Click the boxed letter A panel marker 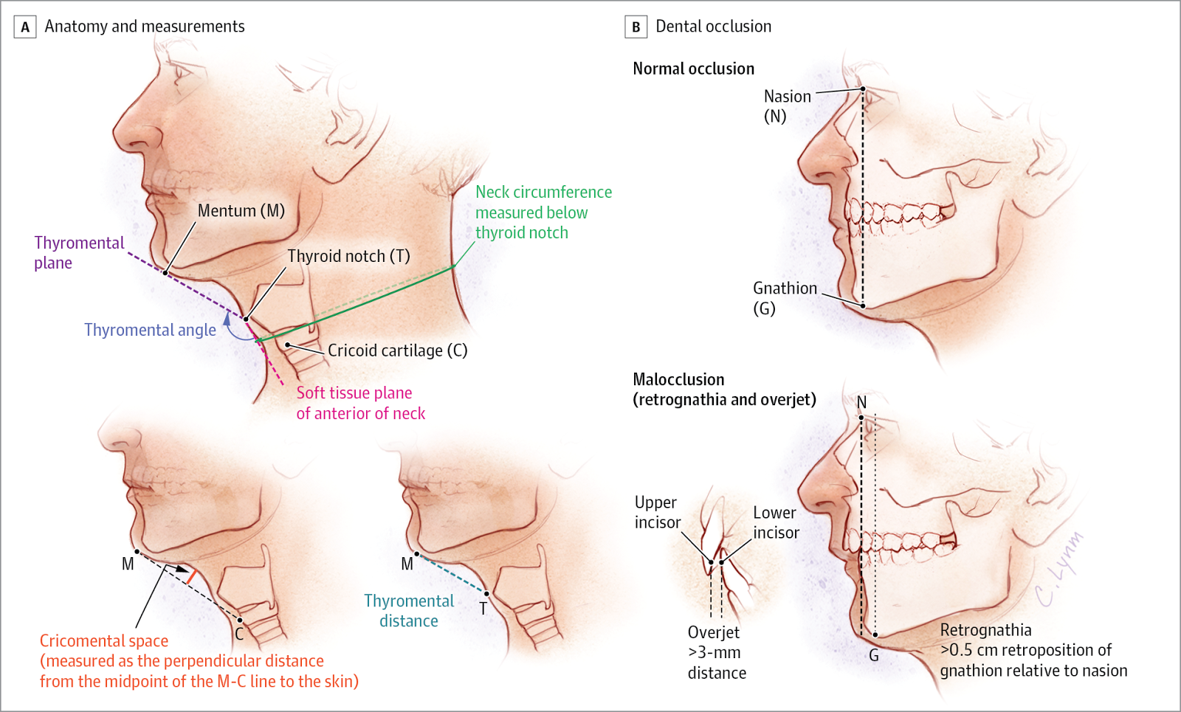(x=25, y=27)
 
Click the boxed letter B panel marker (x=636, y=27)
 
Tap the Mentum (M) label (x=241, y=211)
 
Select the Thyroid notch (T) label (x=348, y=256)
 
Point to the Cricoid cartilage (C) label (x=397, y=350)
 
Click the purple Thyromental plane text (x=79, y=252)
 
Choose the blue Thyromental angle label (x=150, y=330)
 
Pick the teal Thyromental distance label (x=409, y=611)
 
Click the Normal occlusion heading (x=693, y=69)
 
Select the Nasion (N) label (x=787, y=106)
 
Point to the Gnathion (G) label (x=785, y=297)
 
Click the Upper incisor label (x=657, y=512)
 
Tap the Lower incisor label (x=775, y=522)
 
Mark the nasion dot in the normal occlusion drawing (x=863, y=89)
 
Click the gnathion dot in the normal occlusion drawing (x=863, y=305)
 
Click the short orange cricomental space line (x=191, y=576)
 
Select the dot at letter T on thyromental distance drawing (x=486, y=593)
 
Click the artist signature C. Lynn (x=1058, y=568)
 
